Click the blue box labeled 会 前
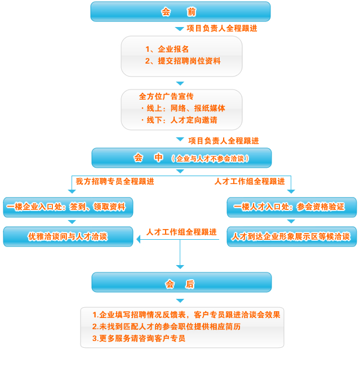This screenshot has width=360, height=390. click(x=180, y=11)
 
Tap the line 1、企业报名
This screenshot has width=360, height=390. click(x=167, y=50)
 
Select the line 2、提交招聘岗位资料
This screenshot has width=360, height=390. click(x=183, y=61)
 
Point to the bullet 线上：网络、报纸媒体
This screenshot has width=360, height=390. click(x=183, y=108)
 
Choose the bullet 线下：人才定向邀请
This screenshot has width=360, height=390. click(x=179, y=120)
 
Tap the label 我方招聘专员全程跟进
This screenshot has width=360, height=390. click(x=115, y=181)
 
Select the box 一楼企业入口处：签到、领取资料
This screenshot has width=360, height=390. click(x=69, y=207)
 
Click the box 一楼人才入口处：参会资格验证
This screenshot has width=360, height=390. click(x=292, y=207)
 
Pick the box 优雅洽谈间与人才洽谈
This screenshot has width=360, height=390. click(x=68, y=236)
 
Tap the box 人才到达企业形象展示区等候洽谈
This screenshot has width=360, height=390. click(x=291, y=236)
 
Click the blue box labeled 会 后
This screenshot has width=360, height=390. click(x=180, y=284)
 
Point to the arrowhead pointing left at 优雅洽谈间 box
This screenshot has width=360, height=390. click(x=138, y=240)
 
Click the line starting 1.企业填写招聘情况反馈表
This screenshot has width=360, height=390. click(x=186, y=315)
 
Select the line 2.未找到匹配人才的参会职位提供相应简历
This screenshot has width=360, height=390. click(x=166, y=326)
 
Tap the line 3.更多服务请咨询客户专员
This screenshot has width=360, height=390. click(x=139, y=338)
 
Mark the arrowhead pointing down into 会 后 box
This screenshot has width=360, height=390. click(x=180, y=266)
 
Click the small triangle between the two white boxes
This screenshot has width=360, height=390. click(x=180, y=83)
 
